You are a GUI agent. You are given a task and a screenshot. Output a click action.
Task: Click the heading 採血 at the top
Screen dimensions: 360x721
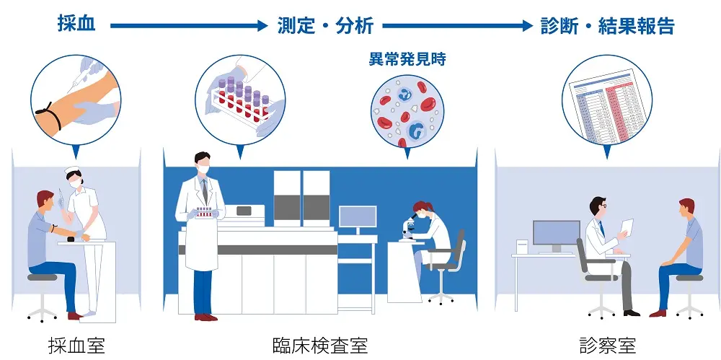[x=77, y=25]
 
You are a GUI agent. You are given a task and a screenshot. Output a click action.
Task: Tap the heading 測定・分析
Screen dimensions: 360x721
[x=325, y=26]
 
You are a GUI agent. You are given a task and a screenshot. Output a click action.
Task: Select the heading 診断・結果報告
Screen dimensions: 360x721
[x=608, y=26]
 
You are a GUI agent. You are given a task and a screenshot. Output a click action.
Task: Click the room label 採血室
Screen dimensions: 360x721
[x=76, y=346]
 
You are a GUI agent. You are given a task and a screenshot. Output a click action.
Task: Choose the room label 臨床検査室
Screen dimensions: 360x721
[x=320, y=346]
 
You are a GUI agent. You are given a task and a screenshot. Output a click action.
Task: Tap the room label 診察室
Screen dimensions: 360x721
[x=608, y=346]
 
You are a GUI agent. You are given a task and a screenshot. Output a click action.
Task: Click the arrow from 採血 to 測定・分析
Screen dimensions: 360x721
[x=189, y=26]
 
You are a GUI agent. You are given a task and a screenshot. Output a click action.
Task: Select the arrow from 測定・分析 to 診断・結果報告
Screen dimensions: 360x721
[x=457, y=26]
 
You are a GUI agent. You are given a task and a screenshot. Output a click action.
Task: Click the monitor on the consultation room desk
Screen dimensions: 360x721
[x=556, y=234]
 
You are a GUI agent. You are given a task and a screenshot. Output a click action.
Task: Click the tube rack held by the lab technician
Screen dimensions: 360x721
[x=204, y=212]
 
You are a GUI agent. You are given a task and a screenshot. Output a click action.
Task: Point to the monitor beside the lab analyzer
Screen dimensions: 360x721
[x=357, y=219]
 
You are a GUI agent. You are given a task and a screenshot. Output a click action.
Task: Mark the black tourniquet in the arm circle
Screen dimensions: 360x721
[x=45, y=114]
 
